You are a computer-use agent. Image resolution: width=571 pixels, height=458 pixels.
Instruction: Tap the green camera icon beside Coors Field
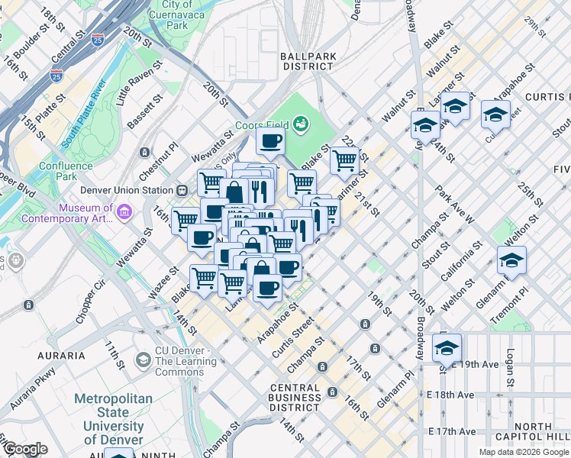(x=303, y=122)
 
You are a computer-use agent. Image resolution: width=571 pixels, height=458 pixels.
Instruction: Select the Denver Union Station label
(x=127, y=190)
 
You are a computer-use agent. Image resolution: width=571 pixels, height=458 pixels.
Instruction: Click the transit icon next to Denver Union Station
(x=182, y=190)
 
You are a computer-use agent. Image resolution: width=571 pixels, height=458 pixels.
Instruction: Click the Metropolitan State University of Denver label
(x=113, y=419)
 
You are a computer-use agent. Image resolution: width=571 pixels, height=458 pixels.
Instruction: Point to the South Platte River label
(x=84, y=120)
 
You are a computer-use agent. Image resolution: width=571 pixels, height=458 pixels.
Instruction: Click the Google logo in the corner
(x=25, y=449)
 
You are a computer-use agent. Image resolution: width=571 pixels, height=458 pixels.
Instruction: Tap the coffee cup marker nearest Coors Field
(x=270, y=140)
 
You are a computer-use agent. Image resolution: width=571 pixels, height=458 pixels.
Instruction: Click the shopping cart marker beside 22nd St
(x=345, y=160)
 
